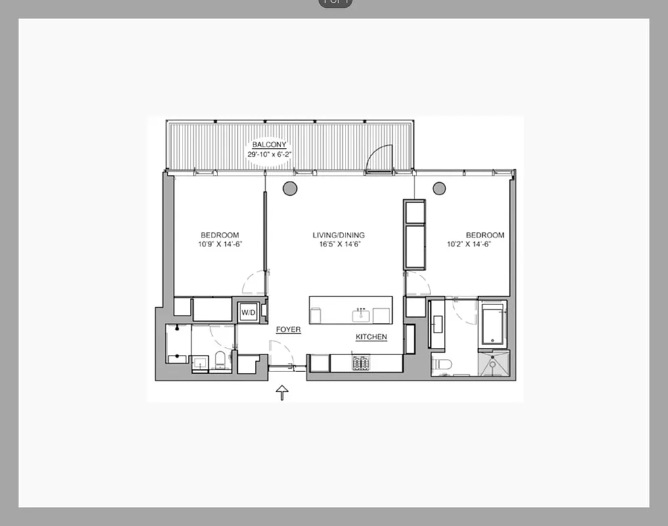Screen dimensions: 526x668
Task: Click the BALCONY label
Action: (269, 146)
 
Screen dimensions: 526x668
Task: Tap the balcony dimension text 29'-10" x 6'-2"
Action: (269, 155)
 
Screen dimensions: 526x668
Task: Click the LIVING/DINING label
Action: (338, 235)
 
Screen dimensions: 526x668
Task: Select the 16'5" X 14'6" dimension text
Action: (338, 244)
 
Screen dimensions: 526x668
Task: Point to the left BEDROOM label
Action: (219, 235)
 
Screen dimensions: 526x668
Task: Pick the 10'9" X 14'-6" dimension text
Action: (219, 244)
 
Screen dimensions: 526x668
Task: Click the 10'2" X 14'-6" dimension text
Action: (469, 244)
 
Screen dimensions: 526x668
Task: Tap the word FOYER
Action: (288, 329)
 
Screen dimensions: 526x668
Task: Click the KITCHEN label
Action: (371, 337)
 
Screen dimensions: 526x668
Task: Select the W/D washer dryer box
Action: (248, 312)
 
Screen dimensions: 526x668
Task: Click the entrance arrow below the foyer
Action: (282, 393)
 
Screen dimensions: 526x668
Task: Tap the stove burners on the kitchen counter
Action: (361, 362)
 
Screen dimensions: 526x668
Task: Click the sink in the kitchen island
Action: (361, 316)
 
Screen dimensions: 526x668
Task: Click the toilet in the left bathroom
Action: (221, 360)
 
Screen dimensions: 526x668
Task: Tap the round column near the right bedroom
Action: (439, 189)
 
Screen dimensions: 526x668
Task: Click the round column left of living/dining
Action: (290, 189)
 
